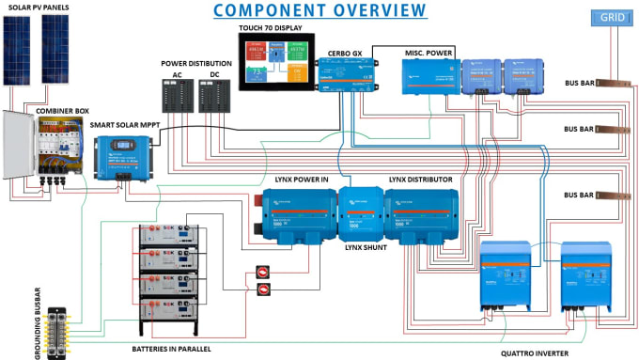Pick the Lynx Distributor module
point(422,213)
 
